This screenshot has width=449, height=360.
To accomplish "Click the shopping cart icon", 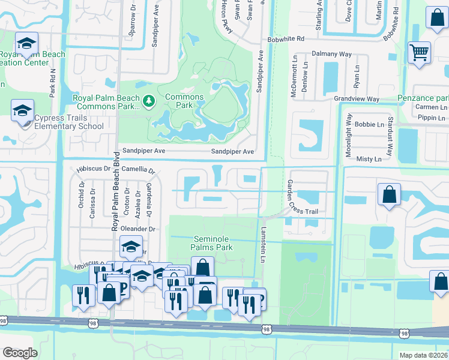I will [419, 52].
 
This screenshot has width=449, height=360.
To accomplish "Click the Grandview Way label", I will [357, 98].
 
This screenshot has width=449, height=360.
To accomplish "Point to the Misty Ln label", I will [369, 159].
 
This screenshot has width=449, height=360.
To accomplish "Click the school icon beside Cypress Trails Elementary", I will [22, 111].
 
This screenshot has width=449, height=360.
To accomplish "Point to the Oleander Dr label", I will [137, 229].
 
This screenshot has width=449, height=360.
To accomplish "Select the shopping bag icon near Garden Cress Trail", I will [390, 194].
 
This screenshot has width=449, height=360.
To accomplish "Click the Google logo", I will [20, 353].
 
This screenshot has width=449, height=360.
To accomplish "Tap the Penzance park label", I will [423, 98].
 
